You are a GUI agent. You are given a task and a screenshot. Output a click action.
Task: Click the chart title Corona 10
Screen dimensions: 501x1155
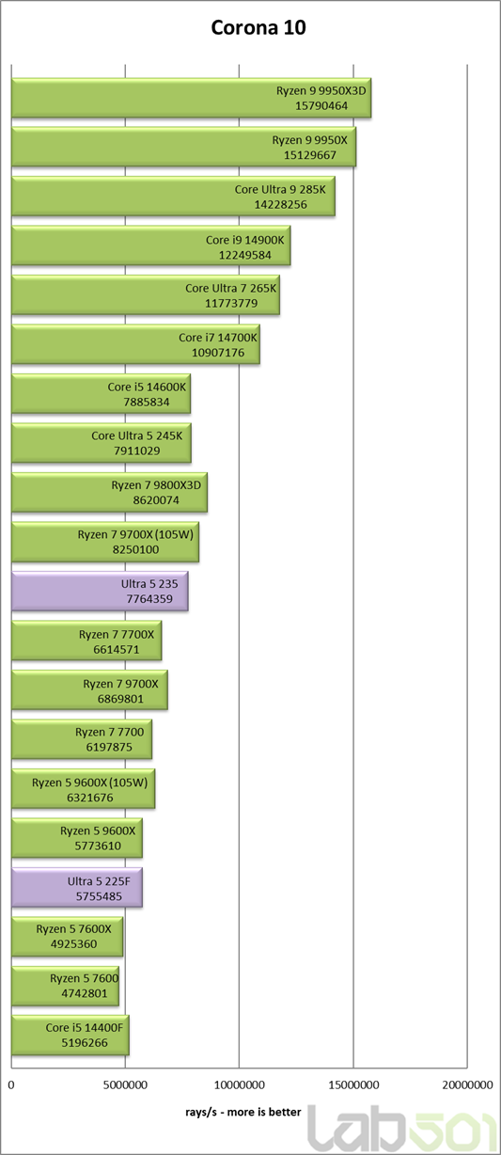(258, 28)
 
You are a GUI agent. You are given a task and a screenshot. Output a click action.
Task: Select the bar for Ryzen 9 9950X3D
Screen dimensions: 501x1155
(191, 98)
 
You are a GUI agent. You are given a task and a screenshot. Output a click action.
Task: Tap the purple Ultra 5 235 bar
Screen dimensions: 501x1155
(100, 592)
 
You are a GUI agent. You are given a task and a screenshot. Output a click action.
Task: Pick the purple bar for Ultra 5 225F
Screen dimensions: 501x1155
(77, 888)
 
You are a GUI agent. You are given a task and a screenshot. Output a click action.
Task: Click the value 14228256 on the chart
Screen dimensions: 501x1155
(280, 205)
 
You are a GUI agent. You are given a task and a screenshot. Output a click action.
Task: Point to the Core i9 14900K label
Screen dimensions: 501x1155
(244, 240)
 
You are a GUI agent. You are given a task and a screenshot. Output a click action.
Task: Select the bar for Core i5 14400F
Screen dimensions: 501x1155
(70, 1036)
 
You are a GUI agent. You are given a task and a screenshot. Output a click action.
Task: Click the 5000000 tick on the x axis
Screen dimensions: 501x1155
(125, 1084)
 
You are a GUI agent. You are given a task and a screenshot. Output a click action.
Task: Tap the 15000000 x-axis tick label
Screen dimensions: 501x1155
(353, 1084)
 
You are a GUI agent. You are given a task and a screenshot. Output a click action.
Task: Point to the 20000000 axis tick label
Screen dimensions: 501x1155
(467, 1084)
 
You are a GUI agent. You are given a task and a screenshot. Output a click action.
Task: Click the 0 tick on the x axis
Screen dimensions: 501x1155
(11, 1084)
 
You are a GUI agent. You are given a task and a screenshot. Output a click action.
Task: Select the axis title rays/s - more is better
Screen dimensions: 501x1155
(243, 1112)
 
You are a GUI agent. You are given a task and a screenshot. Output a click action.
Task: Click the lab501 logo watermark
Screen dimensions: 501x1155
(403, 1128)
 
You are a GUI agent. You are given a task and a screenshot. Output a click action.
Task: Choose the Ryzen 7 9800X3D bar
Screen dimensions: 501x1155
(109, 493)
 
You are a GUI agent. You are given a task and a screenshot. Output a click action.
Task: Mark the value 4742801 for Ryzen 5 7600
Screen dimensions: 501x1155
(85, 993)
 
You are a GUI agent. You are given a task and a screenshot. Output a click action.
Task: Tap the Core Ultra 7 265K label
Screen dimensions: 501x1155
(231, 288)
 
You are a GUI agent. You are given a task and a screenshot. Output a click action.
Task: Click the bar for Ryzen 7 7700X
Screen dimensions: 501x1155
(86, 641)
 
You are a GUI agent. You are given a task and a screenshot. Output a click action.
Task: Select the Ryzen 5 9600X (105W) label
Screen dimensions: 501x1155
(89, 783)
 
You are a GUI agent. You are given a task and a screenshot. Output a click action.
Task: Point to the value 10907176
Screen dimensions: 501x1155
(218, 353)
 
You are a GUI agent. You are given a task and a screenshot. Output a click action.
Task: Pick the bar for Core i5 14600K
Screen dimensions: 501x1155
(101, 394)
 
